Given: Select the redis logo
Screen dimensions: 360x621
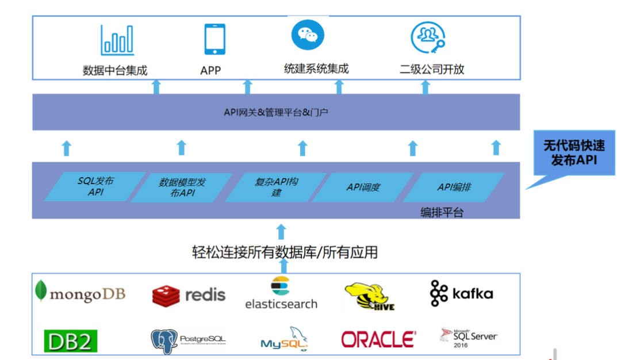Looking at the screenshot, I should [x=189, y=295].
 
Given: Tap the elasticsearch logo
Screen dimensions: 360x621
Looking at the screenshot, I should [x=281, y=293].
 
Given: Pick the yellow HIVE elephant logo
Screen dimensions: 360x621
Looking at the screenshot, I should [x=370, y=296].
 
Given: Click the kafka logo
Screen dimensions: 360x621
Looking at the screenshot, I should [x=461, y=293].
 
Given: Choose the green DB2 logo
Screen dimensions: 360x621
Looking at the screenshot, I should [x=71, y=340].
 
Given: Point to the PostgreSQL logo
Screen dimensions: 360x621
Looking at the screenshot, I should [x=188, y=340].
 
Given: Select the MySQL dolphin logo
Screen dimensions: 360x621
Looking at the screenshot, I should [x=284, y=339].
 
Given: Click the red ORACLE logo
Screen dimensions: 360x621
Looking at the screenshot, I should [x=378, y=339].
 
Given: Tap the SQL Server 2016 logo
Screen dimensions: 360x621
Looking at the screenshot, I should [x=468, y=338].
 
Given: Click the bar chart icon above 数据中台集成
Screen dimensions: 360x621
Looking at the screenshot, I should [x=117, y=40].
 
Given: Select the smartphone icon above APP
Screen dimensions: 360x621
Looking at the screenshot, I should [x=214, y=39].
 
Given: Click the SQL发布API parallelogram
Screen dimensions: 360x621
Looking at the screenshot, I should [x=95, y=186].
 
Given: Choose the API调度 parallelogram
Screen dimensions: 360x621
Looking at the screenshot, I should [x=363, y=187].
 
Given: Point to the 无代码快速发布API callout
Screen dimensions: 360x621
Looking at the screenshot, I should [x=573, y=152].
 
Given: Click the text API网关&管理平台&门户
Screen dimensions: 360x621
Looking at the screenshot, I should [x=276, y=112].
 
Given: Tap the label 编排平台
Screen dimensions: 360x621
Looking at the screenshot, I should [x=442, y=212].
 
